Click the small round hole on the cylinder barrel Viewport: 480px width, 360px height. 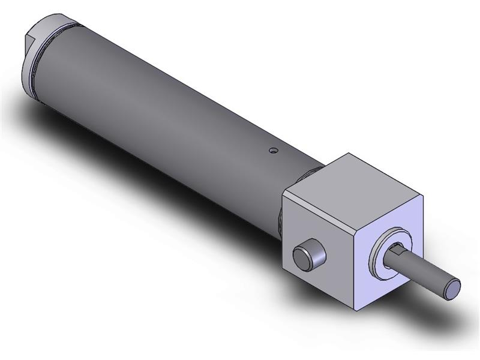(x=273, y=151)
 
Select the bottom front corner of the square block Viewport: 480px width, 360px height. (x=359, y=310)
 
